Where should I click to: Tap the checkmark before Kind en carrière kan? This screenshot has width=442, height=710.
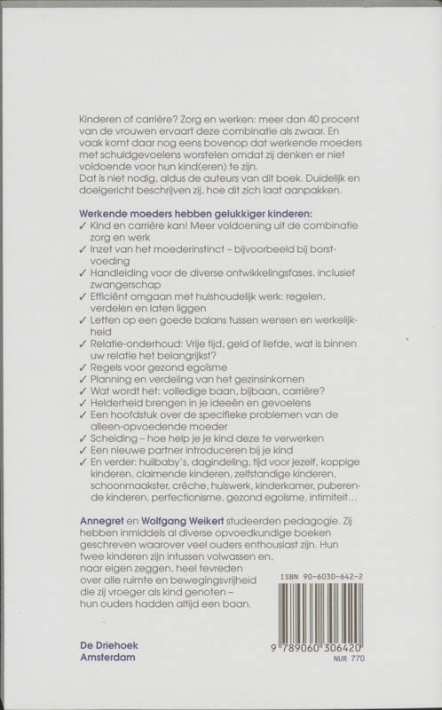point(83,227)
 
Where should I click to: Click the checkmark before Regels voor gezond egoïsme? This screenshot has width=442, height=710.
point(83,367)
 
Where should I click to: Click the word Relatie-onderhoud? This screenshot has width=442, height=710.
point(134,340)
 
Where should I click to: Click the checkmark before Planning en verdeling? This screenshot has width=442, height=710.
point(83,381)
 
